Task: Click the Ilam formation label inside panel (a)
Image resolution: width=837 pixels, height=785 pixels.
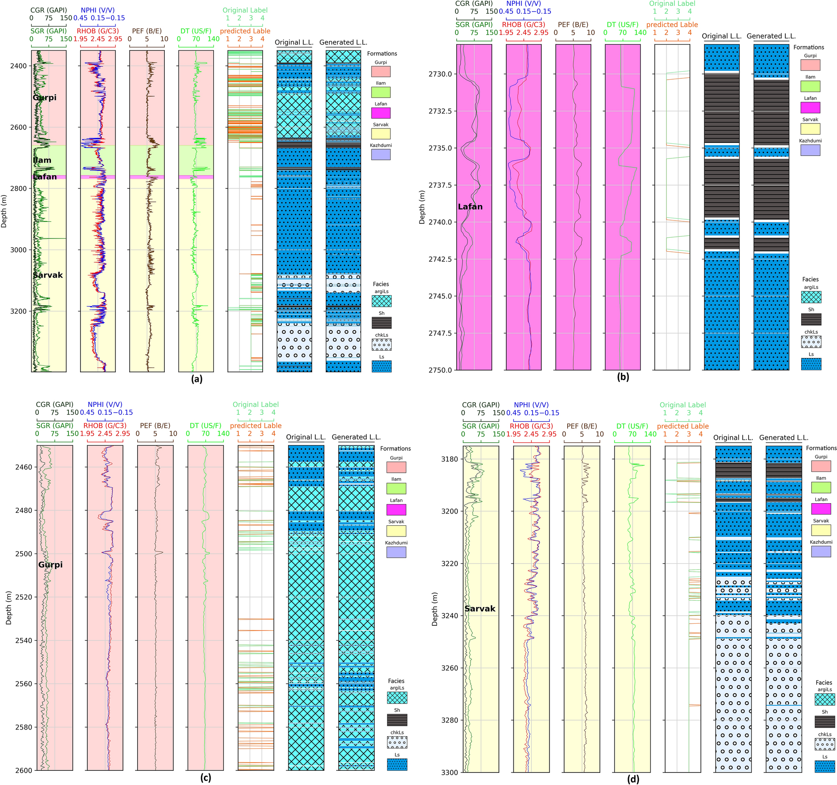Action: [x=42, y=160]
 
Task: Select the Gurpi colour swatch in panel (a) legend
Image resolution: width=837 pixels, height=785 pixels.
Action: [x=381, y=71]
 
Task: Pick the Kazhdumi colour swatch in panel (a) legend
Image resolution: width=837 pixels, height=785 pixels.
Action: [x=381, y=155]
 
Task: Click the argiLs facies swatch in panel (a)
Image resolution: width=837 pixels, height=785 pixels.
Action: [x=382, y=301]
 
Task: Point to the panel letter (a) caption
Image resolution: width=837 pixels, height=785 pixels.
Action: [x=196, y=379]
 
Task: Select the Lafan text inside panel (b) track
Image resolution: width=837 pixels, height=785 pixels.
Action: [x=470, y=207]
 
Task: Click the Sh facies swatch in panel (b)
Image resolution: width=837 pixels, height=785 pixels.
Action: [x=811, y=319]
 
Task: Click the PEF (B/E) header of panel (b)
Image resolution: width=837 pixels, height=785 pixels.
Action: [x=573, y=25]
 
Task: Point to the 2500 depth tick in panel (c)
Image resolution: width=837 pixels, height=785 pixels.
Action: [x=25, y=554]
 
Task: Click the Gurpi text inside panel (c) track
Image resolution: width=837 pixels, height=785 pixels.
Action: [x=50, y=565]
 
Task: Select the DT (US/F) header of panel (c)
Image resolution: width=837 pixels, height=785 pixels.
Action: [x=205, y=426]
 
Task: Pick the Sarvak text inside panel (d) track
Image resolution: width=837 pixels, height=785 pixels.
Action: [x=480, y=609]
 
